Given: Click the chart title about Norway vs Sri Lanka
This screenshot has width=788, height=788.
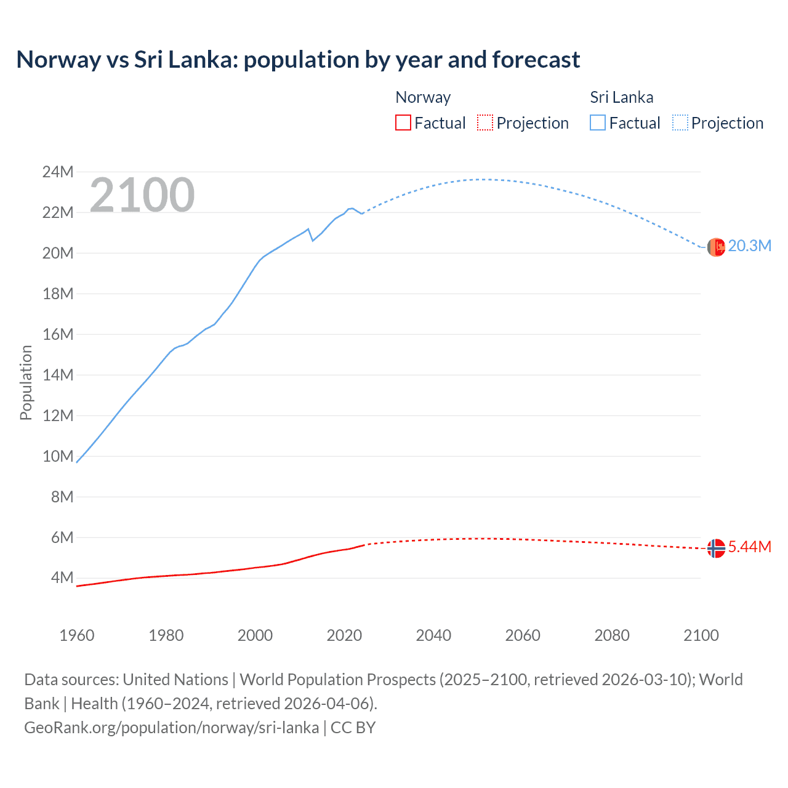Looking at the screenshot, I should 298,60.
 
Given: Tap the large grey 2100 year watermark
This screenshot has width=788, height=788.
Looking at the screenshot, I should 142,195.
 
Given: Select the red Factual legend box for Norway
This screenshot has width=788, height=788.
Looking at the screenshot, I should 403,123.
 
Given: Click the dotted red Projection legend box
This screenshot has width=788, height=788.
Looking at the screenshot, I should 485,123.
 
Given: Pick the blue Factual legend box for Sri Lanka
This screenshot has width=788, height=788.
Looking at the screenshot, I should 597,123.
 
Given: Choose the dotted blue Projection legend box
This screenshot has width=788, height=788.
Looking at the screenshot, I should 680,123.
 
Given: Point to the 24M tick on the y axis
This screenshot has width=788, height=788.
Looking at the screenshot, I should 58,172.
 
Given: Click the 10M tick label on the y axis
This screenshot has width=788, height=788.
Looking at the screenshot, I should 58,456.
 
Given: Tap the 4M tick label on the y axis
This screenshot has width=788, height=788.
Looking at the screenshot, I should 62,577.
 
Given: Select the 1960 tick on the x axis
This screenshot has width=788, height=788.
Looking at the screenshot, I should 77,635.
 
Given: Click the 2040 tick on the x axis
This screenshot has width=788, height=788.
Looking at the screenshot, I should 433,635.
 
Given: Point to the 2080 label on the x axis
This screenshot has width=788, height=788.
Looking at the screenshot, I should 612,635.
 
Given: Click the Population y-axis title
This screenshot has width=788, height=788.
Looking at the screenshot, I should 26,382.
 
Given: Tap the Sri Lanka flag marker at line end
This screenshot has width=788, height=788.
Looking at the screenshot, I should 716,247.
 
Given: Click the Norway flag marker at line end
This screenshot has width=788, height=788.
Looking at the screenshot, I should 716,548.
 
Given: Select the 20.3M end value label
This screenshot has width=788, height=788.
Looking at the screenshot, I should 749,246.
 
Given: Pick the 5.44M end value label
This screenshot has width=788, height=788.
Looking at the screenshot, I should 749,547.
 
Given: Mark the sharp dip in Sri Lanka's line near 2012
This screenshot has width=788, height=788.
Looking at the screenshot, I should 313,240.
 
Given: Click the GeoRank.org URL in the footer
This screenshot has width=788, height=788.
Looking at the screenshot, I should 171,728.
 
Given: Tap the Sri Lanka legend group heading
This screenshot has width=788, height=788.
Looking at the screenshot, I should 621,97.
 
